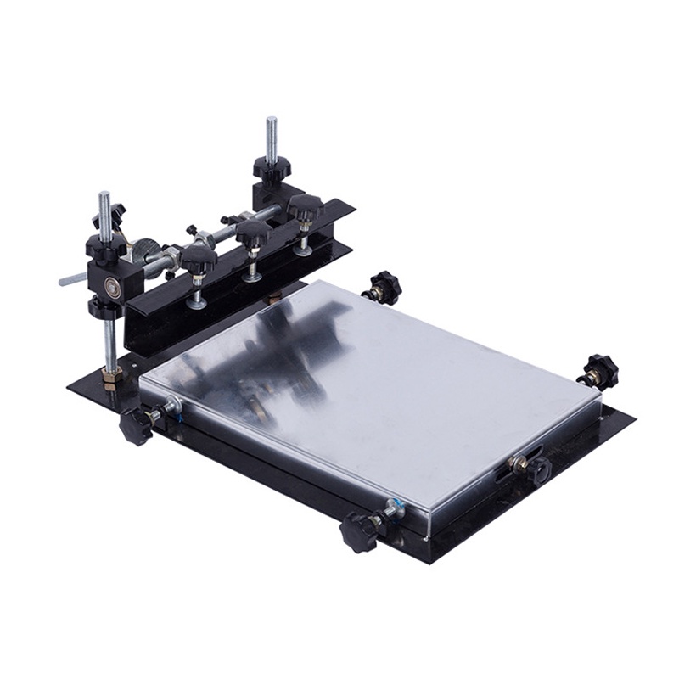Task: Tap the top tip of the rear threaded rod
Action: (271, 120)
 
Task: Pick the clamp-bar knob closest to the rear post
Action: (304, 206)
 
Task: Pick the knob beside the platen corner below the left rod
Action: (136, 424)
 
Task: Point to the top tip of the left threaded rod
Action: (103, 195)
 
